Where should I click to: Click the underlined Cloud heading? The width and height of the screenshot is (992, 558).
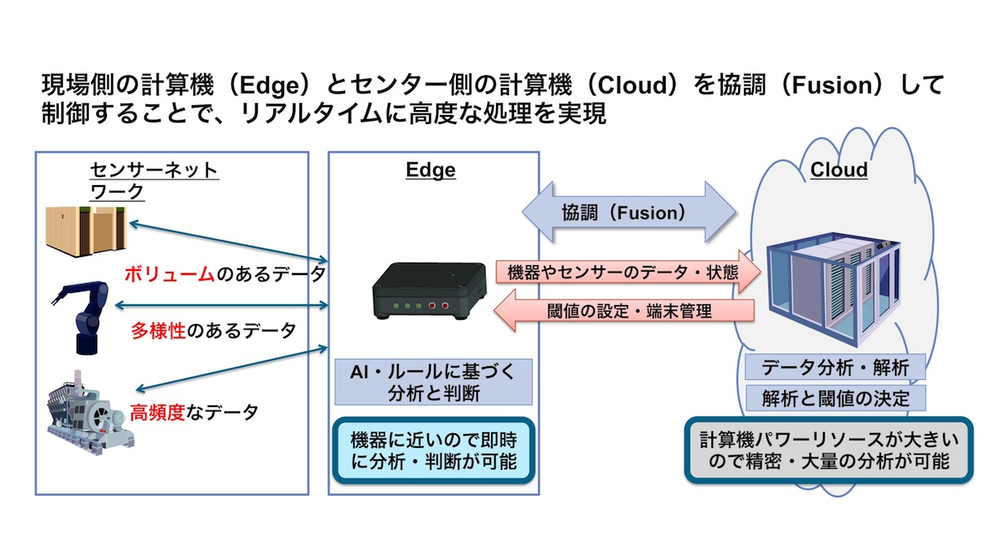(x=839, y=170)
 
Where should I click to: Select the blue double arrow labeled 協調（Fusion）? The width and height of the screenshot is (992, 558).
(x=631, y=214)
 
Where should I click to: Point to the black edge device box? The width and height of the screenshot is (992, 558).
(x=429, y=291)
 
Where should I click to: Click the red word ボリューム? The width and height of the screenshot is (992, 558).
(x=169, y=274)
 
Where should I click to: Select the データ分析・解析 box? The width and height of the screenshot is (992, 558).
(x=835, y=368)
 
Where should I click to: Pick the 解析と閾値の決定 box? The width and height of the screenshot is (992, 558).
(x=835, y=399)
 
